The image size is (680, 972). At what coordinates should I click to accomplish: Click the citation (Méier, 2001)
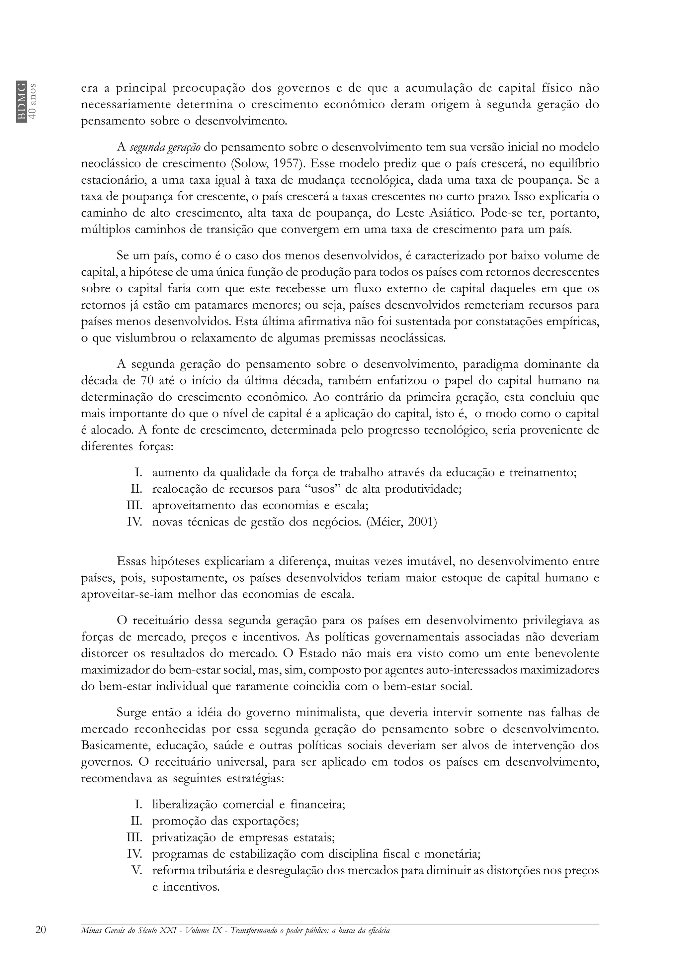point(401,522)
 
